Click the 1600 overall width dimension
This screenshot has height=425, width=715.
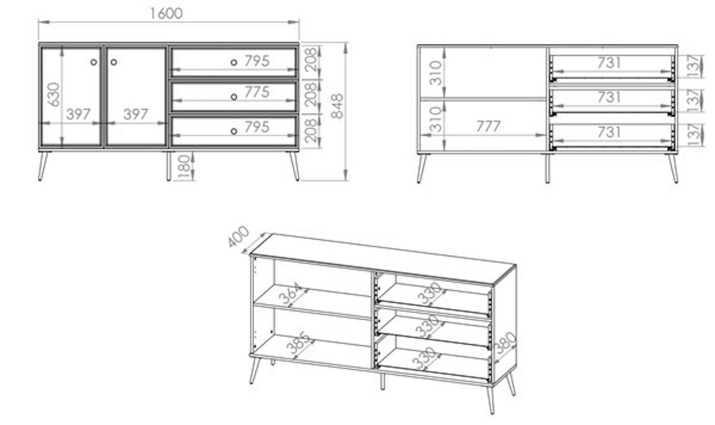click(x=166, y=14)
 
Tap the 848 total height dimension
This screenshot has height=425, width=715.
click(x=337, y=106)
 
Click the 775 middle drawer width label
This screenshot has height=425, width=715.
click(x=257, y=92)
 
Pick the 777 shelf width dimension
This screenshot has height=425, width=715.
click(x=489, y=126)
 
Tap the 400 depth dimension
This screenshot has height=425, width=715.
click(x=238, y=236)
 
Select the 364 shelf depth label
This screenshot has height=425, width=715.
click(x=290, y=293)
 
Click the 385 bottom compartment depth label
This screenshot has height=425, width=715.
click(x=298, y=343)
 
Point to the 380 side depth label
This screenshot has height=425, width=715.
click(x=505, y=343)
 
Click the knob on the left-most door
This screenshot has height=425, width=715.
click(x=94, y=62)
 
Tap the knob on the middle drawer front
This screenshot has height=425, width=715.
click(x=234, y=97)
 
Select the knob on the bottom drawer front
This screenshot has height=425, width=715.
click(x=234, y=131)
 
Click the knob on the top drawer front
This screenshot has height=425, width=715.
click(x=234, y=63)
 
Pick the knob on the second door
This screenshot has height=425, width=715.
click(x=114, y=62)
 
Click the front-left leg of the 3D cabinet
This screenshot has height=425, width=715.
click(x=254, y=371)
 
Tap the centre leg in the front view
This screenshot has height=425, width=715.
click(x=169, y=166)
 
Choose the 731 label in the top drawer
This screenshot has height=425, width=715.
click(x=609, y=63)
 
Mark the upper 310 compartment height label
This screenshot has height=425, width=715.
click(x=436, y=73)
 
